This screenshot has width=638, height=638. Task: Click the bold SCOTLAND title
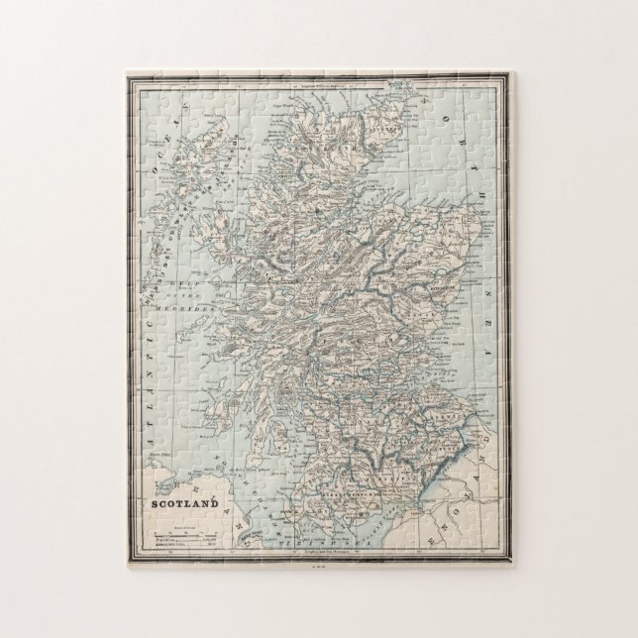184,502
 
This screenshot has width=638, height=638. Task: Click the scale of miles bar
183,536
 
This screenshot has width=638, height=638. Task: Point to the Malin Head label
156,456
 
